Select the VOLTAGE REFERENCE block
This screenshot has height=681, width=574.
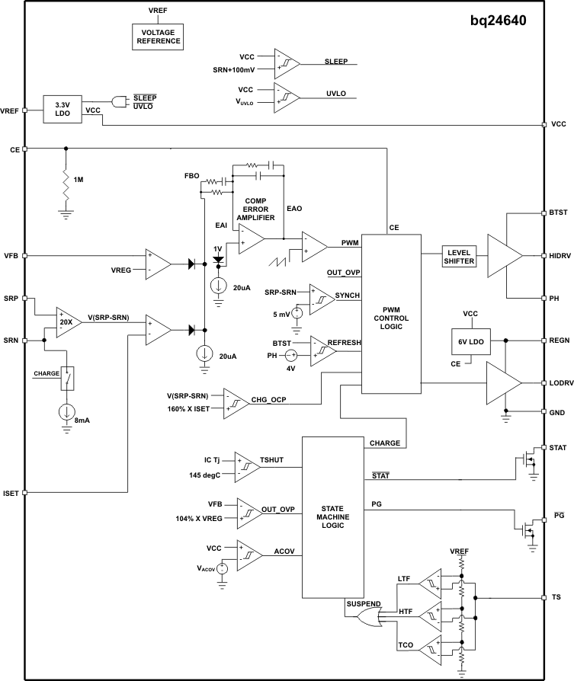pyautogui.click(x=159, y=36)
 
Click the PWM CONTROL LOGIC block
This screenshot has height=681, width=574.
pyautogui.click(x=391, y=312)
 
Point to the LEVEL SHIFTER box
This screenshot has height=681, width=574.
pyautogui.click(x=460, y=257)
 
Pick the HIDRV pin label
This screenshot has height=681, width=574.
pyautogui.click(x=559, y=255)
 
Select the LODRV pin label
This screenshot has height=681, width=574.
pyautogui.click(x=559, y=382)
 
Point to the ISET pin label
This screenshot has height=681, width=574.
pyautogui.click(x=11, y=493)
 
